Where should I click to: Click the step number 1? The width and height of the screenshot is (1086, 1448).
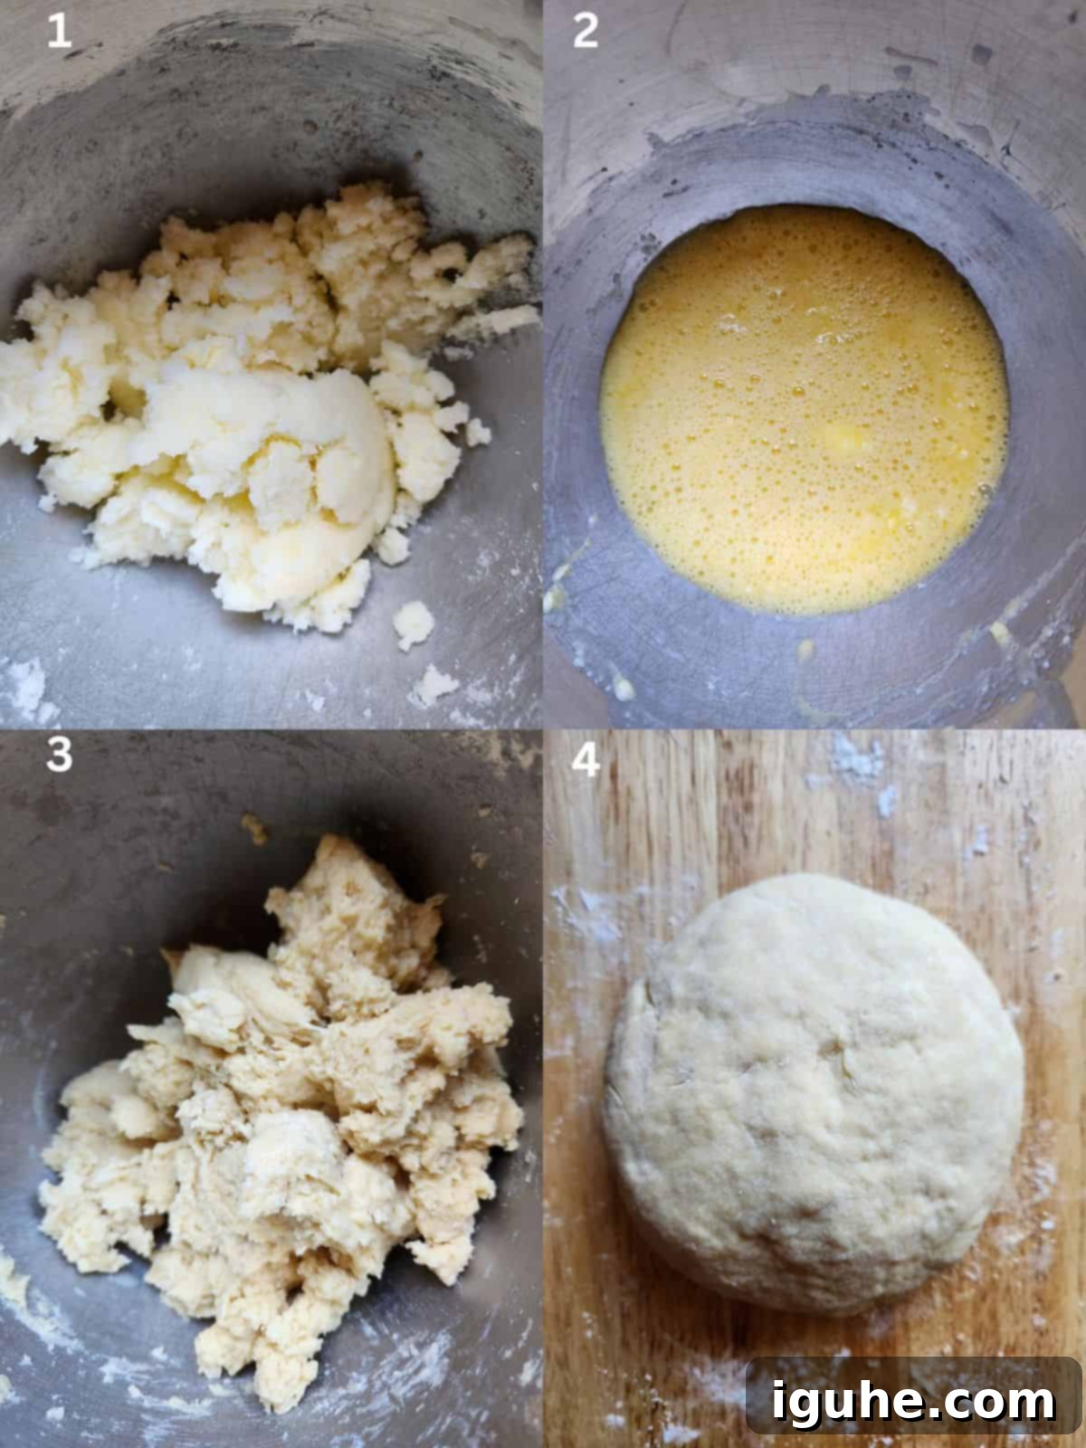tap(59, 33)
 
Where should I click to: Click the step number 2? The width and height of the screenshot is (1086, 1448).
tap(586, 33)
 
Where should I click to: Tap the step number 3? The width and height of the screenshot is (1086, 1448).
tap(59, 754)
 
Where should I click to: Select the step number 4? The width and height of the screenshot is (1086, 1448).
tap(586, 761)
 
